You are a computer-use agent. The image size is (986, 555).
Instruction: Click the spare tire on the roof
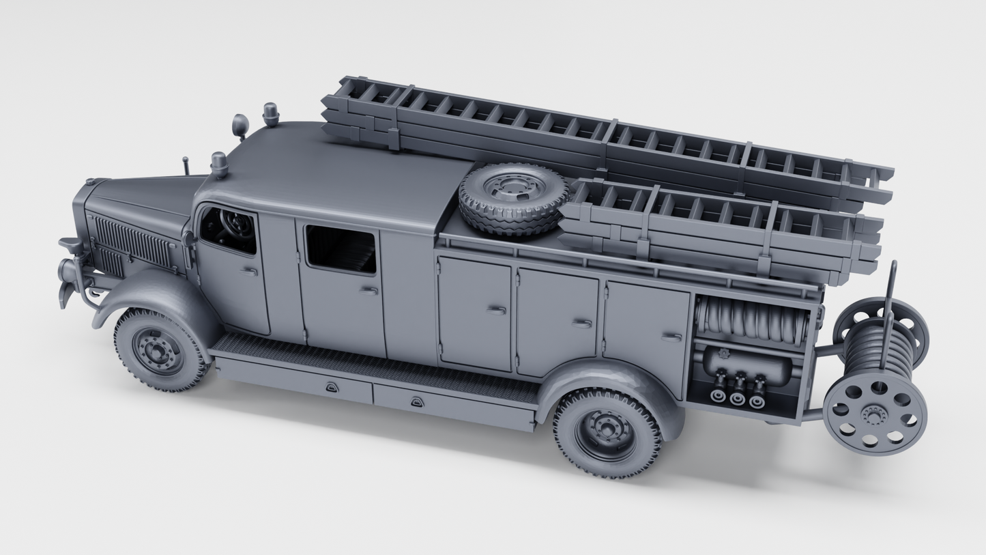[513, 198]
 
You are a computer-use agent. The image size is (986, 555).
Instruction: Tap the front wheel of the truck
[159, 351]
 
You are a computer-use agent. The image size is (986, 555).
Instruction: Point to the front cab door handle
[250, 272]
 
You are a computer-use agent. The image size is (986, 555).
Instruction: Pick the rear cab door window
[340, 250]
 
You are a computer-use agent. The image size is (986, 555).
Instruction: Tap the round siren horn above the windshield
[240, 126]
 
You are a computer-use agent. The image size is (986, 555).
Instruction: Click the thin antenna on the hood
[186, 165]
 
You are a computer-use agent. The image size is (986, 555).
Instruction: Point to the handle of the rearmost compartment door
[671, 337]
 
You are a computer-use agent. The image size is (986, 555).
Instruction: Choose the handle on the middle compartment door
[581, 323]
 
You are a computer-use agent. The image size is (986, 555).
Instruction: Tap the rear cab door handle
[369, 291]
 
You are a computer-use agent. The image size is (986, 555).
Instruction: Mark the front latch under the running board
[332, 388]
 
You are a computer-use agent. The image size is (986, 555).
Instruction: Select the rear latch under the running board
[416, 403]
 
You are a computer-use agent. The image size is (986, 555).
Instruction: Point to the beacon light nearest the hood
[219, 164]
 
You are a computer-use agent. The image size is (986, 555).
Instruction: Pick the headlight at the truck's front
[70, 272]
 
